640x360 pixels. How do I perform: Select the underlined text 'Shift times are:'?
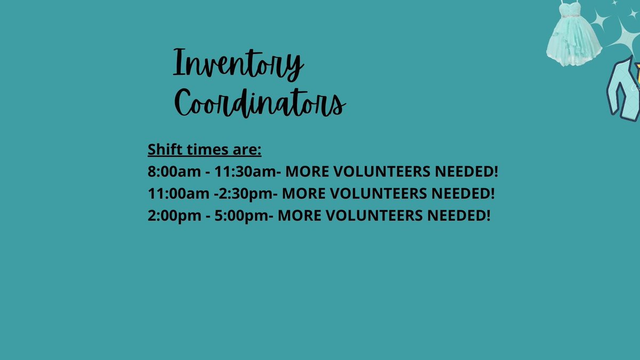pyautogui.click(x=204, y=149)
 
